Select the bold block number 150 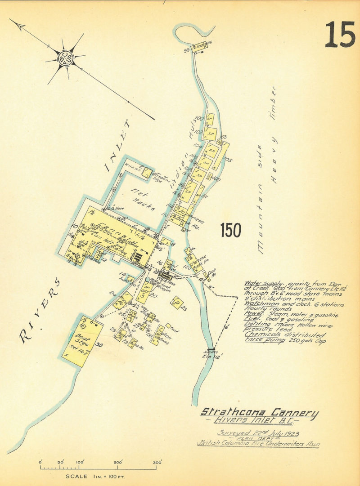(231, 231)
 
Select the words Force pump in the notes (258, 340)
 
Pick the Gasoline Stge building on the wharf (147, 172)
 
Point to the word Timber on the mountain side (273, 100)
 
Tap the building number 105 (228, 160)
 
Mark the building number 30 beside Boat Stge (99, 345)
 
